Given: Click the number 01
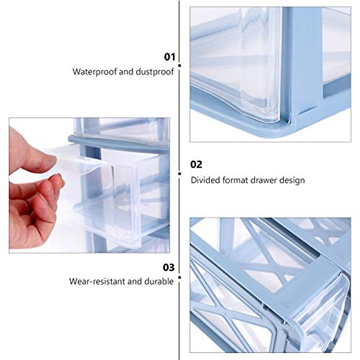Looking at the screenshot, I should tap(169, 57).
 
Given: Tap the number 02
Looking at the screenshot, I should tap(196, 164).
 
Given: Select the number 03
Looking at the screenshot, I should tap(169, 267).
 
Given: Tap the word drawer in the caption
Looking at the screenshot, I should tap(263, 180).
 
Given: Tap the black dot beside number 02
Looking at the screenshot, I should tap(179, 173).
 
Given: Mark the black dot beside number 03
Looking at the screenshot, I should tap(179, 277).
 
